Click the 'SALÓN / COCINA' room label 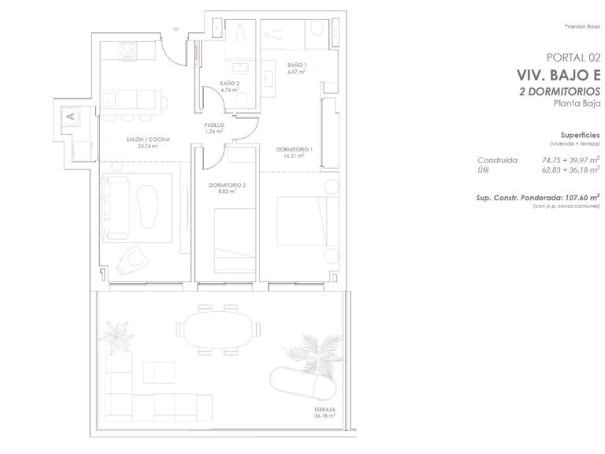tap(148, 140)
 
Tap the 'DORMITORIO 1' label tap(295, 150)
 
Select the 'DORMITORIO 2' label tap(227, 185)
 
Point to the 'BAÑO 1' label tap(297, 65)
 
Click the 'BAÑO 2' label tap(229, 84)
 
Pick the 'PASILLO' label tap(214, 125)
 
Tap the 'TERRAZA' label tap(325, 410)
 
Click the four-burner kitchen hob tap(128, 50)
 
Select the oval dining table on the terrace tap(219, 329)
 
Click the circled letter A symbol tap(70, 116)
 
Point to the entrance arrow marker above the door tap(176, 29)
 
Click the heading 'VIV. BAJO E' tap(559, 76)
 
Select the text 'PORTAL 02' tap(573, 58)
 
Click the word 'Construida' tap(497, 160)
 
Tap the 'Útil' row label tap(483, 170)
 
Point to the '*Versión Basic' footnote tap(583, 27)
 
